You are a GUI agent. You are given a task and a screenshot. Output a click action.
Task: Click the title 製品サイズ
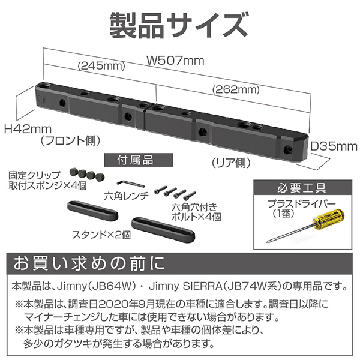pyautogui.click(x=178, y=25)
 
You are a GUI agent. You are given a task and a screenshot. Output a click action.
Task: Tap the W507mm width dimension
pyautogui.click(x=175, y=61)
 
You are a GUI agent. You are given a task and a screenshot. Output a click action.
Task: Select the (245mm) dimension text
pyautogui.click(x=102, y=66)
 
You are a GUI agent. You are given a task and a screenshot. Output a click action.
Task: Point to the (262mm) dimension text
pyautogui.click(x=236, y=89)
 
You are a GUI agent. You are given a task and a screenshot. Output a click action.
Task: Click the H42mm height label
pyautogui.click(x=28, y=129)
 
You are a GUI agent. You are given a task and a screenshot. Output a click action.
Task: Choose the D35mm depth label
pyautogui.click(x=334, y=146)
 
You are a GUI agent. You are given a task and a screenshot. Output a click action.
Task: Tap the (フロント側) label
pyautogui.click(x=70, y=140)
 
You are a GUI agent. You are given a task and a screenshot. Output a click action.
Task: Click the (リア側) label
pyautogui.click(x=231, y=163)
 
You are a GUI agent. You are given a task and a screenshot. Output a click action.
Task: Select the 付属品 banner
pyautogui.click(x=139, y=160)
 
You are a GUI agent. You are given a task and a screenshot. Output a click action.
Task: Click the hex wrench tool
pyautogui.click(x=130, y=184)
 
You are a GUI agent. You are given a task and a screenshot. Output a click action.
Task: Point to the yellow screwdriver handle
pyautogui.click(x=331, y=217)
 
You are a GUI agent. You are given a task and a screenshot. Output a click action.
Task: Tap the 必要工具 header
pyautogui.click(x=302, y=188)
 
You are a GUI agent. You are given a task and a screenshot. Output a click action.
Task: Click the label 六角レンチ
pyautogui.click(x=126, y=196)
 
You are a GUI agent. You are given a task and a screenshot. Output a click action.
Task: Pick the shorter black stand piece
pyautogui.click(x=93, y=210)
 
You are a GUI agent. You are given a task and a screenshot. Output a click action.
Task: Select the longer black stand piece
pyautogui.click(x=163, y=230)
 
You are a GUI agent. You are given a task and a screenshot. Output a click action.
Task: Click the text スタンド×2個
pyautogui.click(x=101, y=235)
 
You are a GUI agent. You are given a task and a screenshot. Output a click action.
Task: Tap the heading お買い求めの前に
pyautogui.click(x=89, y=263)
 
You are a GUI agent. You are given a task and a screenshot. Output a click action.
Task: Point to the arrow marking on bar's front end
pyautogui.click(x=41, y=99)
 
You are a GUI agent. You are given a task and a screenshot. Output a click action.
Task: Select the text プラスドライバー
pyautogui.click(x=302, y=203)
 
